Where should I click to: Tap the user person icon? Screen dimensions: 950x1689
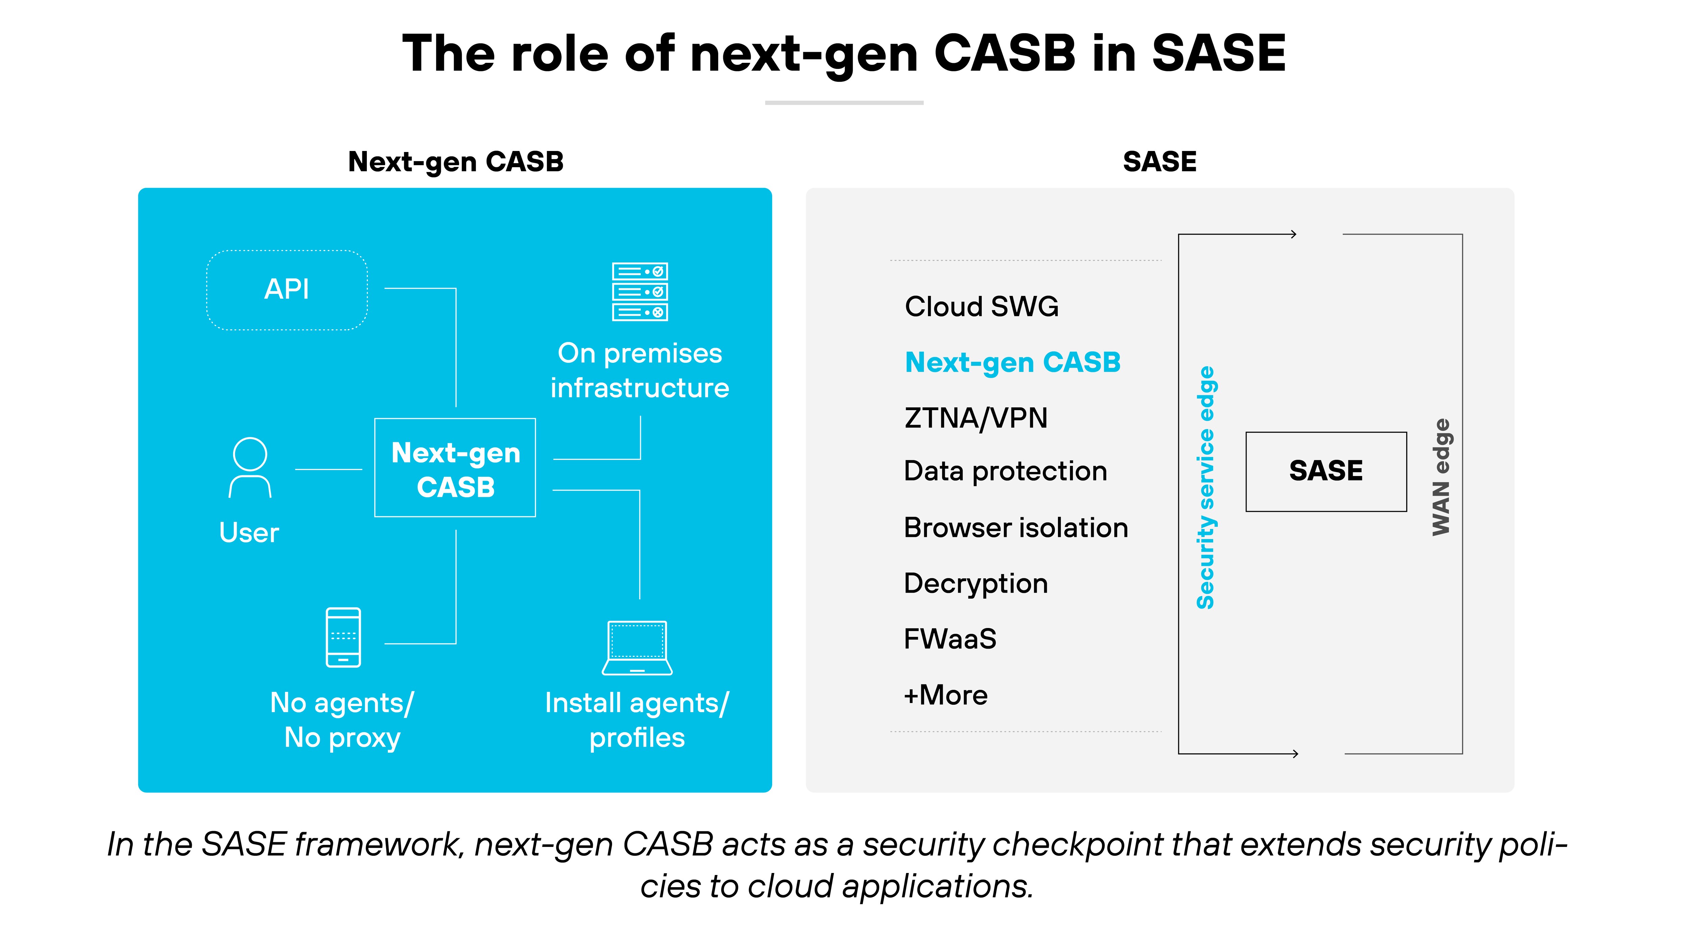click(250, 468)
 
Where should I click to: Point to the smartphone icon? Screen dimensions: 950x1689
click(343, 637)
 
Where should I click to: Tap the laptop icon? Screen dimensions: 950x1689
click(637, 648)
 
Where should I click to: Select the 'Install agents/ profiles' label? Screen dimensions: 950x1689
click(637, 720)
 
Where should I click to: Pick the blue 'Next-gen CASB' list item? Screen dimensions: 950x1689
click(1012, 362)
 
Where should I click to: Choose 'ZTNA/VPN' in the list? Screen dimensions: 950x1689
click(976, 418)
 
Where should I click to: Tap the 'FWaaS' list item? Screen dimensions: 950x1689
click(950, 639)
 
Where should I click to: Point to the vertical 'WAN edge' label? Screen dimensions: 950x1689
click(1440, 477)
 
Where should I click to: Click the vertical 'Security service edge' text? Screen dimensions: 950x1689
click(1205, 487)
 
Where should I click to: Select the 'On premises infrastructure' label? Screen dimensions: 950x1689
click(639, 370)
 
